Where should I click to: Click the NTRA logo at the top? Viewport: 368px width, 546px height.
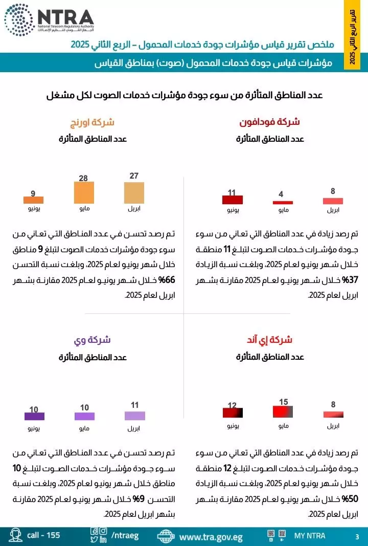click(49, 19)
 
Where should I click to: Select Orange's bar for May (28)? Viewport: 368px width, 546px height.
click(84, 193)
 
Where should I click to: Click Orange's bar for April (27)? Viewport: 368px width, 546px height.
click(134, 193)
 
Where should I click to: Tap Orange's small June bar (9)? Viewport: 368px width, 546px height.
click(33, 200)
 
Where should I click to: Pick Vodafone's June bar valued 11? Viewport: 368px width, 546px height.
click(232, 200)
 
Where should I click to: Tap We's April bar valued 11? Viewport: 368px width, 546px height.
click(135, 416)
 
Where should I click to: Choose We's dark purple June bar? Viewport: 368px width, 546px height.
click(34, 416)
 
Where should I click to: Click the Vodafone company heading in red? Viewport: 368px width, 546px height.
click(269, 122)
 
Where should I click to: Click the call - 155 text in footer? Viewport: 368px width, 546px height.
click(43, 535)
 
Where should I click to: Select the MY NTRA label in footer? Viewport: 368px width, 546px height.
click(309, 536)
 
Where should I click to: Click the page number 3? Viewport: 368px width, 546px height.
click(357, 536)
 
